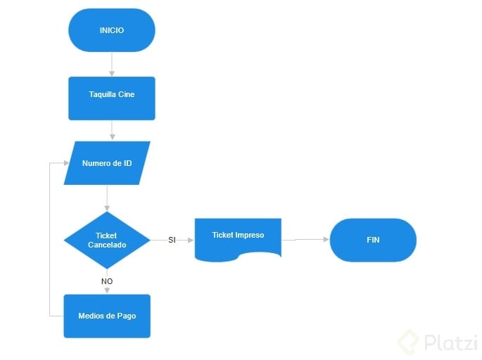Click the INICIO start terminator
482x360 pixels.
(x=112, y=30)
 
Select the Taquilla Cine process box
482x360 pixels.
(x=112, y=98)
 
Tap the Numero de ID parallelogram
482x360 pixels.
(x=107, y=163)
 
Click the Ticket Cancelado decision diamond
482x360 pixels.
(x=107, y=240)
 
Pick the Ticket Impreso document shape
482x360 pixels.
(x=238, y=240)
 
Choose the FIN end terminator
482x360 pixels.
(x=373, y=240)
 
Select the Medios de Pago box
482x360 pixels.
(x=107, y=316)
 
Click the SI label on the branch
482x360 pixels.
(x=172, y=240)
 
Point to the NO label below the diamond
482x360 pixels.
(x=107, y=281)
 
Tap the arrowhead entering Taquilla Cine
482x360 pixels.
(x=112, y=74)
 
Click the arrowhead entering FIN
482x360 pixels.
(x=326, y=239)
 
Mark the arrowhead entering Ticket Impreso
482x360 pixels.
(x=191, y=240)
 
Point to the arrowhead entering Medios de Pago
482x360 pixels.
(x=107, y=290)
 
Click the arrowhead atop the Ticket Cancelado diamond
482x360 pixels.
(x=107, y=209)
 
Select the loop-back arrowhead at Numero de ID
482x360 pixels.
(x=66, y=163)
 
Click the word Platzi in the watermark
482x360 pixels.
(x=451, y=342)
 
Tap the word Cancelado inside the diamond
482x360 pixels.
(x=107, y=245)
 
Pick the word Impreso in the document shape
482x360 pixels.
(x=250, y=236)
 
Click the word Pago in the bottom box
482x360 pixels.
(x=127, y=316)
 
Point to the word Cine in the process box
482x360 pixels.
(x=127, y=94)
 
